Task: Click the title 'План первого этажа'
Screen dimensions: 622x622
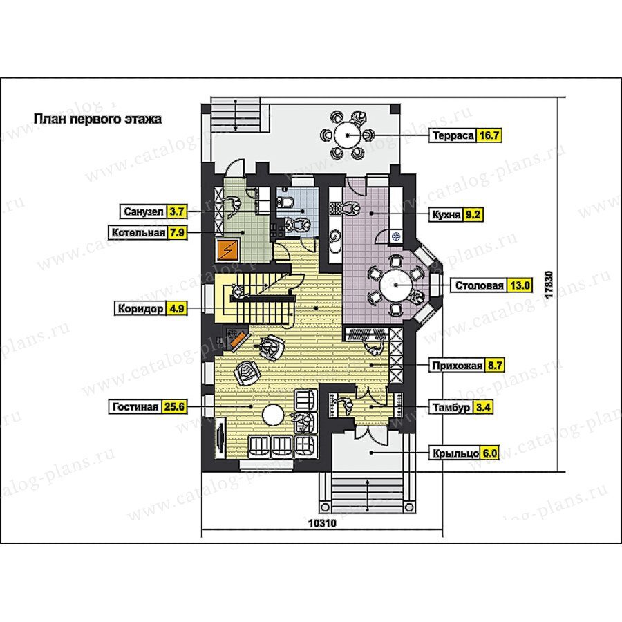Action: coord(97,119)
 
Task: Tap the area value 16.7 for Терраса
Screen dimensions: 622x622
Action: coord(489,135)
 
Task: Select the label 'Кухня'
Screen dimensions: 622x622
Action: coord(446,215)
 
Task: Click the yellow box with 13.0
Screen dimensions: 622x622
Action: coord(519,285)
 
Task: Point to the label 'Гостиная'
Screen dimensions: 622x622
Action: coord(135,407)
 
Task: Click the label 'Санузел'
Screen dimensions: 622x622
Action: coord(144,212)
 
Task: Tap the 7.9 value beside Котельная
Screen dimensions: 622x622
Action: coord(177,232)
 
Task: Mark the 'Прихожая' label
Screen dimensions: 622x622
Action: coord(457,366)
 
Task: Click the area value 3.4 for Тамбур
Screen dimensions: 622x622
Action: coord(483,407)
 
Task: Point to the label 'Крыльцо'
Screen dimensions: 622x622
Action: coord(455,453)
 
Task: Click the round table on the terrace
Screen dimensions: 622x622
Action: coord(347,135)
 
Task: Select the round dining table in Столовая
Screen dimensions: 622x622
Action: coord(396,285)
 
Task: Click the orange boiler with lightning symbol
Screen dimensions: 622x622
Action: coord(227,250)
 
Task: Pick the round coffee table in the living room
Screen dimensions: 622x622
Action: coord(273,415)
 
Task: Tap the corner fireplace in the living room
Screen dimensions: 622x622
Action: coord(236,337)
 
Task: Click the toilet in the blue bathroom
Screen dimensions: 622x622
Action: coord(285,202)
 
